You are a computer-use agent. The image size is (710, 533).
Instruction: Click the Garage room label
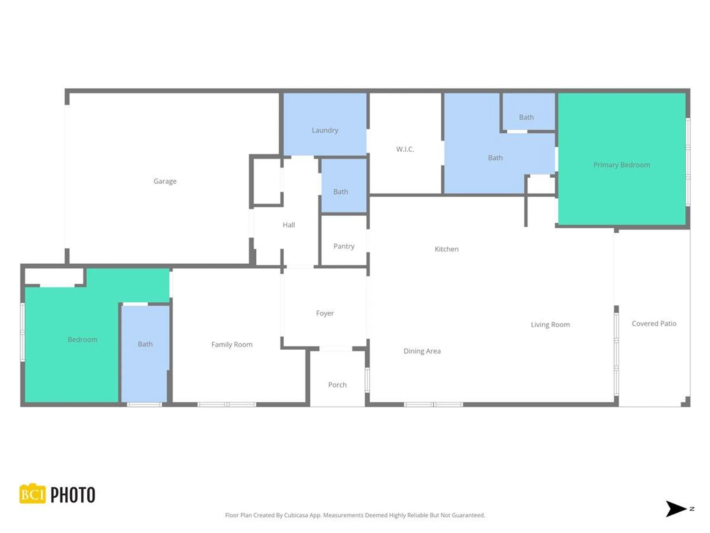165,181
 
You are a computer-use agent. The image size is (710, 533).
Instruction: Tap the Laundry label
325,130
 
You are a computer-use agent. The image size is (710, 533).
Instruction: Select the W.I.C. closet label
405,149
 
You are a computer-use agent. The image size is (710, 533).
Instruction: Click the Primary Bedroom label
622,165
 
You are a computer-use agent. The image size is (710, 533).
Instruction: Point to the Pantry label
344,246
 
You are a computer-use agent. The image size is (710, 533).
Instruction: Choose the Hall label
289,225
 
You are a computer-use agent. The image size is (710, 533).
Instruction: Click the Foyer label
325,313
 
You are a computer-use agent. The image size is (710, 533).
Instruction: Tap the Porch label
337,385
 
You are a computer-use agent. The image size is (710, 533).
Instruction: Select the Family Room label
232,344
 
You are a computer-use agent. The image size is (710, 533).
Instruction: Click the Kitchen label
447,249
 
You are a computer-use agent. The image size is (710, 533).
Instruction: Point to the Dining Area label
422,351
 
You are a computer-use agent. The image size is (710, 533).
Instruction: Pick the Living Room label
550,324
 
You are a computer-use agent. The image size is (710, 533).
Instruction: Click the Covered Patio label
654,323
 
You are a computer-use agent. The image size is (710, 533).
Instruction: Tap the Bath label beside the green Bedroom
145,344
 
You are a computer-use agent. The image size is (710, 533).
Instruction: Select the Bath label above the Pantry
340,192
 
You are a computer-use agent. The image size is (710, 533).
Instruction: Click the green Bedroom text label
82,339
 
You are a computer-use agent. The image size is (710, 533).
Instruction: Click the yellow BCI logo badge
32,494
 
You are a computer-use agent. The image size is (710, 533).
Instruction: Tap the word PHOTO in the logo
73,495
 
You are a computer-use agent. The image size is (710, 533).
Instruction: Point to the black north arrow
676,509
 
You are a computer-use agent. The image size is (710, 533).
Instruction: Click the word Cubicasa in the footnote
296,515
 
